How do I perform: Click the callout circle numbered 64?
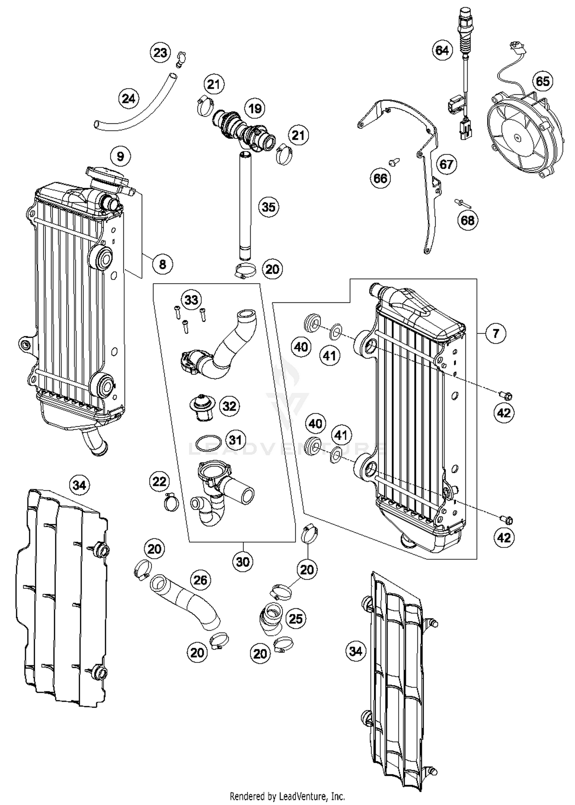tap(442, 50)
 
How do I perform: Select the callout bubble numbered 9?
tap(120, 156)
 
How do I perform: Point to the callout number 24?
tap(129, 99)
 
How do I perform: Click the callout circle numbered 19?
tap(255, 108)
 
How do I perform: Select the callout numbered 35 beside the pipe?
tap(268, 207)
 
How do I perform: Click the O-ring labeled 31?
tap(208, 443)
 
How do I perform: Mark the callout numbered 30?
tap(243, 562)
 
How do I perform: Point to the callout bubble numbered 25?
tap(296, 618)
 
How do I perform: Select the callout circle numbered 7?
tap(496, 333)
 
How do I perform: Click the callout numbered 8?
tap(163, 264)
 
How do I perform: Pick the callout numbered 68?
tap(467, 220)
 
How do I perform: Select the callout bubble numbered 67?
tap(446, 164)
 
